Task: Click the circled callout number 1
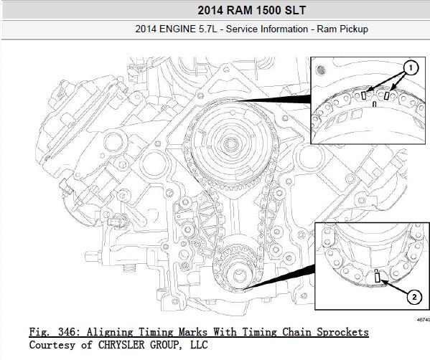pyautogui.click(x=411, y=68)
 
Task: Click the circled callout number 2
pyautogui.click(x=414, y=297)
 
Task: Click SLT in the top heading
pyautogui.click(x=295, y=11)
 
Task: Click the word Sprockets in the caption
pyautogui.click(x=343, y=332)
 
